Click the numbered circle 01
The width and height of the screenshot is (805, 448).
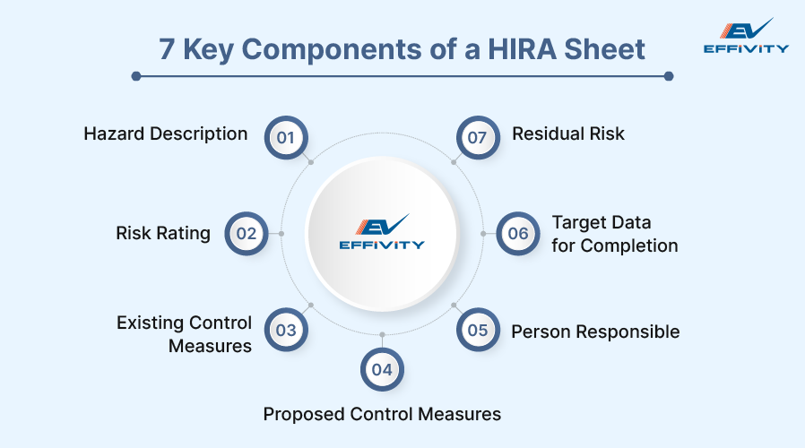click(x=286, y=138)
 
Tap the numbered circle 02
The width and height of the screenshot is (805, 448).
click(x=247, y=234)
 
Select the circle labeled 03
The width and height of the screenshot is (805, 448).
click(x=286, y=330)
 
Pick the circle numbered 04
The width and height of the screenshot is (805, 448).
click(x=382, y=369)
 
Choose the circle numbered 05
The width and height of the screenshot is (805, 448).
click(x=478, y=330)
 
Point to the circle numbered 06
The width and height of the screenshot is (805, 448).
click(x=518, y=234)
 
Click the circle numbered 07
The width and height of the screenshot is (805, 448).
click(x=478, y=138)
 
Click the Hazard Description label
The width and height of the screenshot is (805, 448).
click(x=166, y=134)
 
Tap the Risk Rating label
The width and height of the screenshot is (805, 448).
click(x=163, y=234)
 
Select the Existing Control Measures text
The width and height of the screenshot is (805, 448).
click(x=185, y=333)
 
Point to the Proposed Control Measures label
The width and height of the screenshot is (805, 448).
click(x=382, y=414)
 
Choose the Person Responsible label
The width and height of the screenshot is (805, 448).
click(x=595, y=332)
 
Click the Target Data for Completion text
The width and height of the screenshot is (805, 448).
click(x=614, y=234)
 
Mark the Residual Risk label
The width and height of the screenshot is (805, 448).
click(x=568, y=134)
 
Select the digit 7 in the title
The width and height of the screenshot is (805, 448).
click(x=168, y=49)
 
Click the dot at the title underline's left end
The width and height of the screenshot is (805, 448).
click(x=136, y=76)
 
